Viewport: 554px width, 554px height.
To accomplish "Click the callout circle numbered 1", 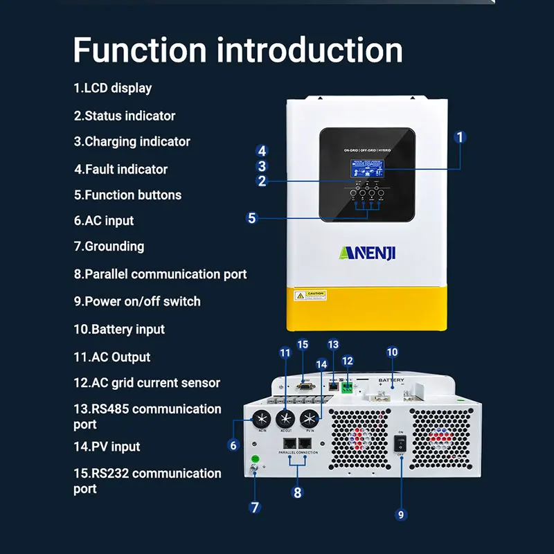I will pos(460,137).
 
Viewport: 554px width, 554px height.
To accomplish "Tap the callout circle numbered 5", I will pos(252,218).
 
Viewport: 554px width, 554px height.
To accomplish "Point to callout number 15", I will pos(302,345).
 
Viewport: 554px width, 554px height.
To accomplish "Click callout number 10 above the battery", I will pos(392,352).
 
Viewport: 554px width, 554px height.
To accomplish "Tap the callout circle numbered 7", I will pos(255,507).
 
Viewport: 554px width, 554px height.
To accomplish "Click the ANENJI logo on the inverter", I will pos(367,252).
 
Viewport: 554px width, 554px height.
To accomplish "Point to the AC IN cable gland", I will pos(262,419).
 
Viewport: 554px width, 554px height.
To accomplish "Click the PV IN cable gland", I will pos(310,419).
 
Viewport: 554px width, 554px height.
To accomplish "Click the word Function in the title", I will pos(138,50).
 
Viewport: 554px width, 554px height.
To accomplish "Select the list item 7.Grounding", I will pos(109,246).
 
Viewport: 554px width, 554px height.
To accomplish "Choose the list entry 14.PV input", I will pos(107,447).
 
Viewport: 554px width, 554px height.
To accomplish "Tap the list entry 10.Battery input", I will pos(119,329).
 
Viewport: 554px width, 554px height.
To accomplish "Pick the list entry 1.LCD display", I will pos(112,88).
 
